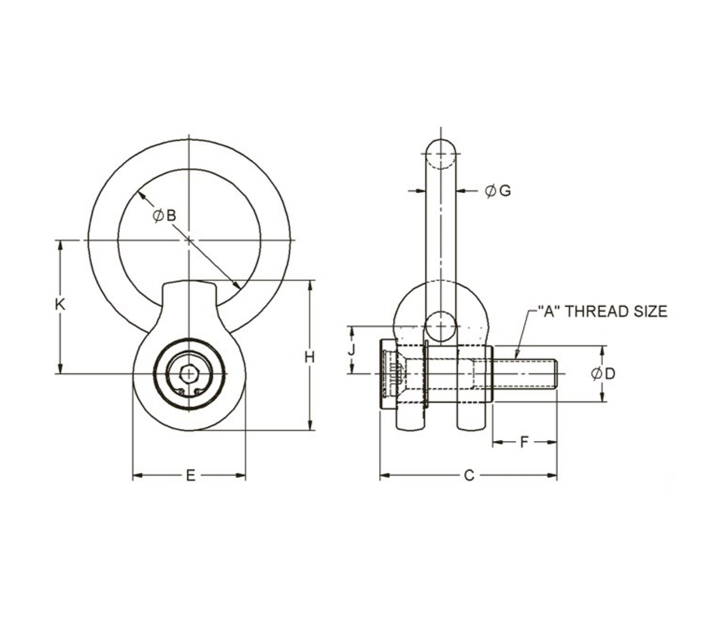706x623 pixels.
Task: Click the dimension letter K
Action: [60, 305]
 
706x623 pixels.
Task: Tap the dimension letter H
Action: [309, 357]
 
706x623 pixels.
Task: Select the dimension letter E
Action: [191, 475]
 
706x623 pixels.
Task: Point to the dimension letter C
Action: [469, 475]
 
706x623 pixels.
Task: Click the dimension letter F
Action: [524, 442]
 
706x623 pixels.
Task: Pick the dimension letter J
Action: [351, 350]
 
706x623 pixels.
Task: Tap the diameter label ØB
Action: [165, 216]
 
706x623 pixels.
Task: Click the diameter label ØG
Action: [498, 191]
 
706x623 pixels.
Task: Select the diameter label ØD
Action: [603, 374]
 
